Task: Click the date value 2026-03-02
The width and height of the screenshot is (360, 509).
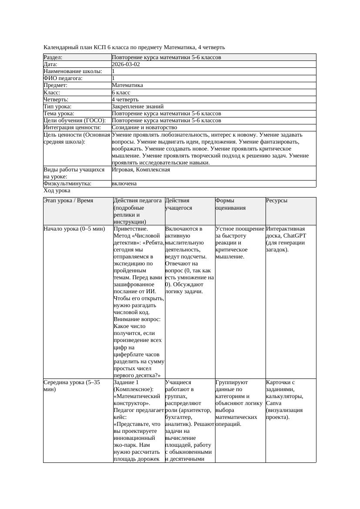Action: [126, 64]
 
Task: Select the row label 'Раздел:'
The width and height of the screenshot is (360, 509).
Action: [53, 57]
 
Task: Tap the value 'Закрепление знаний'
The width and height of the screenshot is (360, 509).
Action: [138, 106]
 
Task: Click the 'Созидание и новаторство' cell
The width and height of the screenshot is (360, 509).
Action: [144, 127]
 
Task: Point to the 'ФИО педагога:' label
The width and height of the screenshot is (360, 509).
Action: [63, 78]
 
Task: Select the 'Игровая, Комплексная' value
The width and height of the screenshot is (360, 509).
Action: [141, 170]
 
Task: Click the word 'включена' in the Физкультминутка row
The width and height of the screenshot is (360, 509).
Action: [124, 184]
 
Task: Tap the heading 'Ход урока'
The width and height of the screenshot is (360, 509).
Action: [57, 191]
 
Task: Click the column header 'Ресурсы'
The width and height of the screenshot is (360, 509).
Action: [277, 201]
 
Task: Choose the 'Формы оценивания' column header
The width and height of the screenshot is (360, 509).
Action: [231, 204]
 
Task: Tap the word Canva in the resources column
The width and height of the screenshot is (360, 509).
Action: [274, 403]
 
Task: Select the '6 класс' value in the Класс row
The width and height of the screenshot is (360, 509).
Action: [121, 92]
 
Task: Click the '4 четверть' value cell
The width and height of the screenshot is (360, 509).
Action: [125, 99]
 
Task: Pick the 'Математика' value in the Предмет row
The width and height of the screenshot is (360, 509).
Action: [127, 85]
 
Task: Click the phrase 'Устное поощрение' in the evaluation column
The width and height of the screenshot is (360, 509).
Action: [240, 228]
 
